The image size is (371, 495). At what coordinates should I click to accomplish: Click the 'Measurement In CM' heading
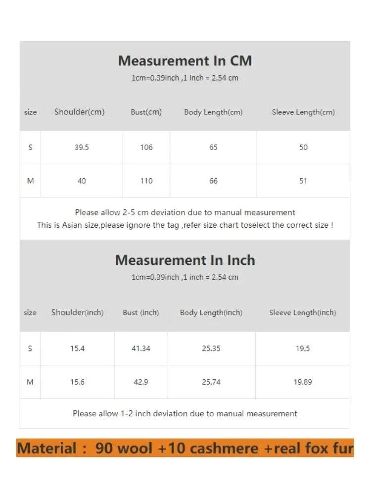tap(185, 61)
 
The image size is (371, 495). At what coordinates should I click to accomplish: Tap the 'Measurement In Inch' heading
tap(185, 260)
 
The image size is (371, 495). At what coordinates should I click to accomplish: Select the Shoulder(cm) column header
tap(80, 112)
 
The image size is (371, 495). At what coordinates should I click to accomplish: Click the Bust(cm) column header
tap(146, 112)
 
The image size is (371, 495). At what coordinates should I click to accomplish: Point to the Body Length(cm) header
tap(213, 112)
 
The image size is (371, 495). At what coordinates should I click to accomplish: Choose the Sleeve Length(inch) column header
tap(302, 312)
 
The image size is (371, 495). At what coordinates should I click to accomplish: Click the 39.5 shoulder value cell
tap(82, 148)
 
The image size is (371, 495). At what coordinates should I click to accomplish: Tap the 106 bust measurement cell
tap(146, 148)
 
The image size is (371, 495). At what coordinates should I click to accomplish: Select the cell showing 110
tap(146, 181)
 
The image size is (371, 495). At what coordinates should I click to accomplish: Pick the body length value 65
tap(213, 148)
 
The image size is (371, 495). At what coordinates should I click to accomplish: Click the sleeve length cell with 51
tap(303, 181)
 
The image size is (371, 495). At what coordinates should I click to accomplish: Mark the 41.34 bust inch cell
tap(141, 348)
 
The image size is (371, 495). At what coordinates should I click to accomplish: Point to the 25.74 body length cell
tap(211, 382)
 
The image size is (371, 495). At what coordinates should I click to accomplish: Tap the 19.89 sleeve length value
tap(303, 382)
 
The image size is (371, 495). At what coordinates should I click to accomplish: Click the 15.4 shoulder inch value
tap(78, 348)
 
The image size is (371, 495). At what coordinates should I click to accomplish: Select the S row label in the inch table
tap(30, 348)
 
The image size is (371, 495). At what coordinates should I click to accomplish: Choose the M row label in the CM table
tap(30, 181)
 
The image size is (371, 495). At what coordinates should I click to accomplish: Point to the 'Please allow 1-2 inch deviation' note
tap(185, 413)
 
